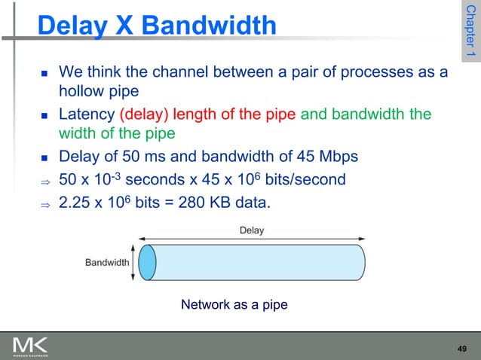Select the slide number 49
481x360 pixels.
click(463, 348)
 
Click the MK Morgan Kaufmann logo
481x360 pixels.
click(30, 347)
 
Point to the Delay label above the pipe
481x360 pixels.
click(252, 230)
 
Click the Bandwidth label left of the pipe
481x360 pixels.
click(106, 262)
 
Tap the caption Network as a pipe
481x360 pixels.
click(234, 305)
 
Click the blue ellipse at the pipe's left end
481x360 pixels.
click(148, 262)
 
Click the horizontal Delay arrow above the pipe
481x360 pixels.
click(252, 239)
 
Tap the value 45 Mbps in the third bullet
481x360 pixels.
click(317, 157)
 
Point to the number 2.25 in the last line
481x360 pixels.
click(73, 201)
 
